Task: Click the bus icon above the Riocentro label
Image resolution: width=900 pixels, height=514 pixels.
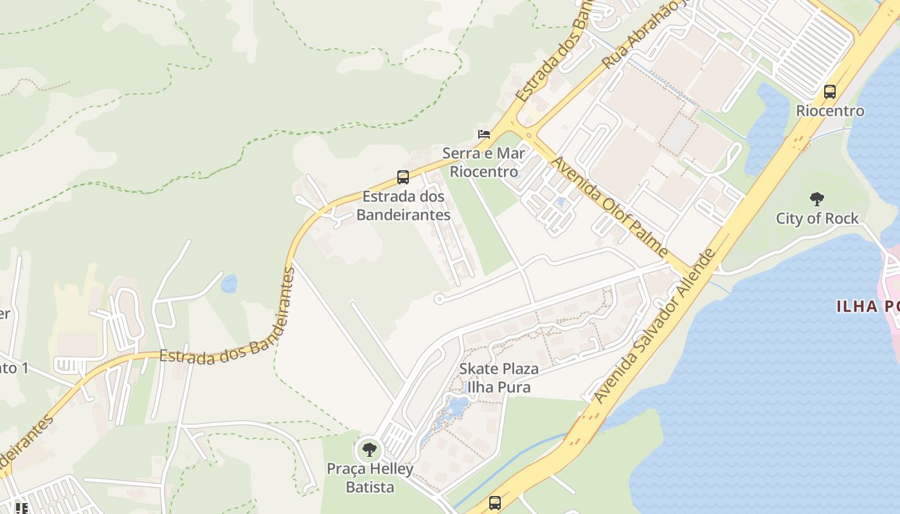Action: (x=830, y=92)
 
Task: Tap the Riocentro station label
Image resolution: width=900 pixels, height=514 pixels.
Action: (x=830, y=111)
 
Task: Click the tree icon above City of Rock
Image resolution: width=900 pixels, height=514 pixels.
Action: (x=816, y=199)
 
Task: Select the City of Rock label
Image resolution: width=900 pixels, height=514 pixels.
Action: (x=817, y=218)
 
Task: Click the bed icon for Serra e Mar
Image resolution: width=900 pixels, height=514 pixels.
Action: (x=484, y=134)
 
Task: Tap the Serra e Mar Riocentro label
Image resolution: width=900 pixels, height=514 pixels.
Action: (x=483, y=163)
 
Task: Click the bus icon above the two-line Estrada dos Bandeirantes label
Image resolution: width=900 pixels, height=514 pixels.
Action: (x=403, y=177)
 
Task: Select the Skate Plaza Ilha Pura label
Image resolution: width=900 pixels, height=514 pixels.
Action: (x=499, y=378)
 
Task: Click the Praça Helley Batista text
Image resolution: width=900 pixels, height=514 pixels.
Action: (x=370, y=478)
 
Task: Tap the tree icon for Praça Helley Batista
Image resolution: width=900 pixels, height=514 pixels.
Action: (x=369, y=449)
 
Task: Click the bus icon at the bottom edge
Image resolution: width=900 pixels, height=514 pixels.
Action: (x=494, y=502)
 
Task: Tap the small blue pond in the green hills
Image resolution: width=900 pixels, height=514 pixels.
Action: (x=229, y=283)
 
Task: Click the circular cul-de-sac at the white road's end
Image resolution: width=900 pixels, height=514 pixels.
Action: (x=439, y=299)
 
